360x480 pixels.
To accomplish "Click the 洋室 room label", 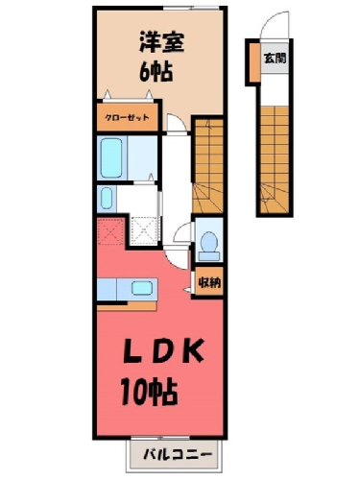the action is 161,42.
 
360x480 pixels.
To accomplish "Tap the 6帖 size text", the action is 156,71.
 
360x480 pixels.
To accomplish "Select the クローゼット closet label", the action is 127,117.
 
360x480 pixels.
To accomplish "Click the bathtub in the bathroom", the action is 111,157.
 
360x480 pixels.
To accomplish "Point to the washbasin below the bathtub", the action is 107,199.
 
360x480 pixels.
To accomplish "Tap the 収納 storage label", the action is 209,282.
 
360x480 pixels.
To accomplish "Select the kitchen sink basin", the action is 142,288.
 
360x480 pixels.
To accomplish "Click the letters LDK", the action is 163,350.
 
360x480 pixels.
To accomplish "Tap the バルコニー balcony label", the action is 178,454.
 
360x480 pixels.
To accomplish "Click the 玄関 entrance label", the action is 275,59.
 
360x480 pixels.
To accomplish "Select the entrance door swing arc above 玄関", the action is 268,22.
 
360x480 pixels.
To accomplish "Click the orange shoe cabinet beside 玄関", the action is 254,62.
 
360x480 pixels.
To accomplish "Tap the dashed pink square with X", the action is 110,231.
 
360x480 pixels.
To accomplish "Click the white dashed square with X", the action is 144,231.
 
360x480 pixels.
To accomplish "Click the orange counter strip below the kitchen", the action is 127,306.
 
